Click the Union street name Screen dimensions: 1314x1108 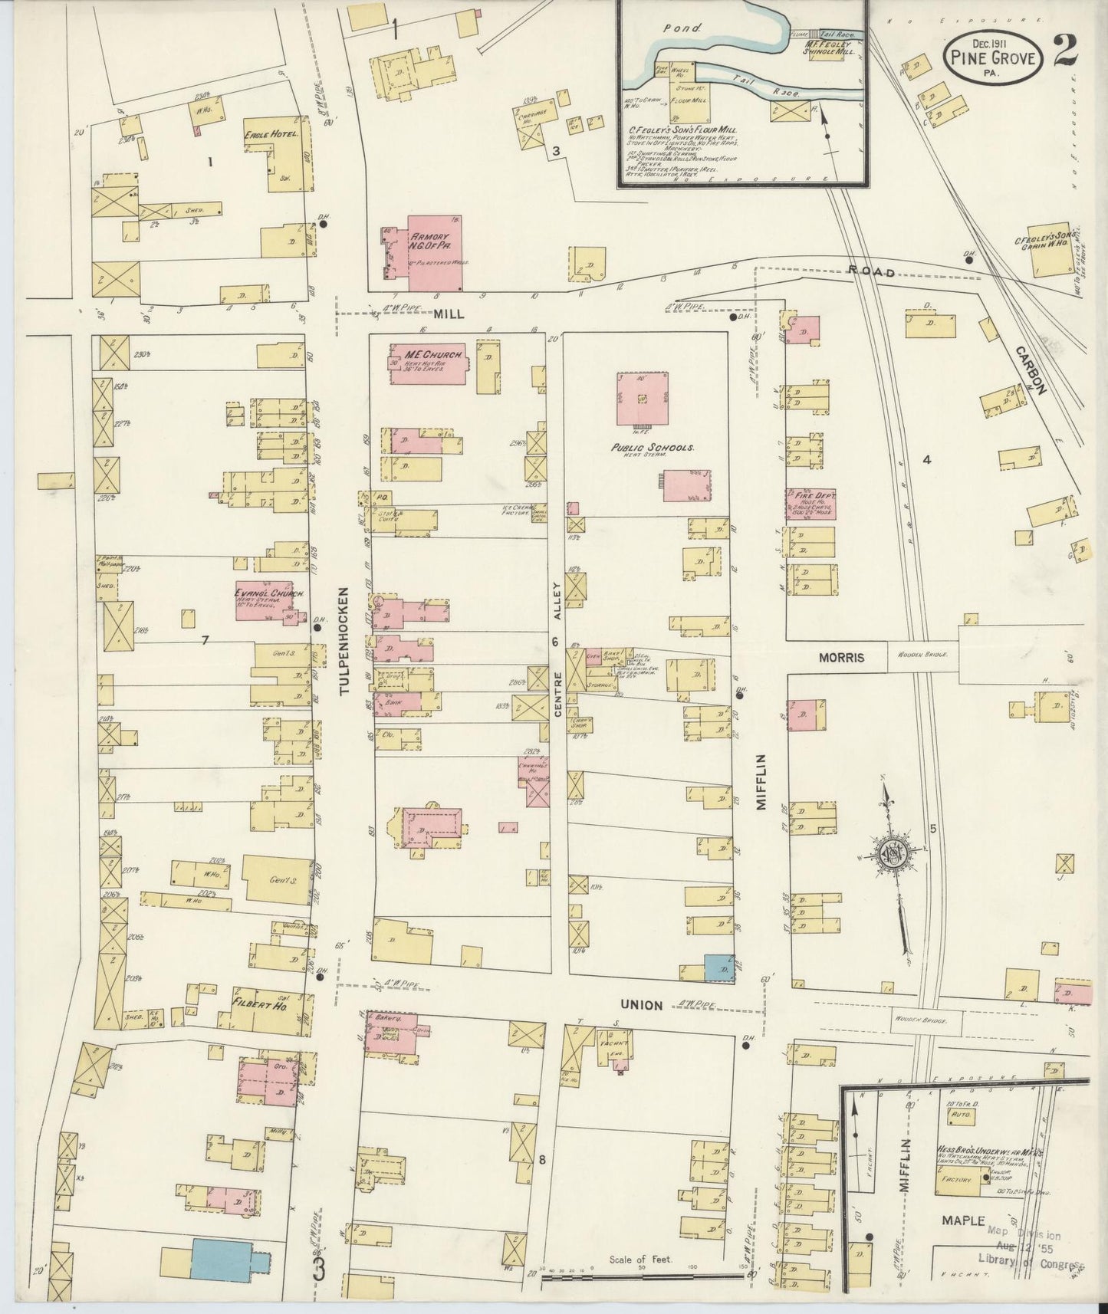tap(639, 1003)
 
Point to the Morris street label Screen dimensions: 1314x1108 tap(840, 657)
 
